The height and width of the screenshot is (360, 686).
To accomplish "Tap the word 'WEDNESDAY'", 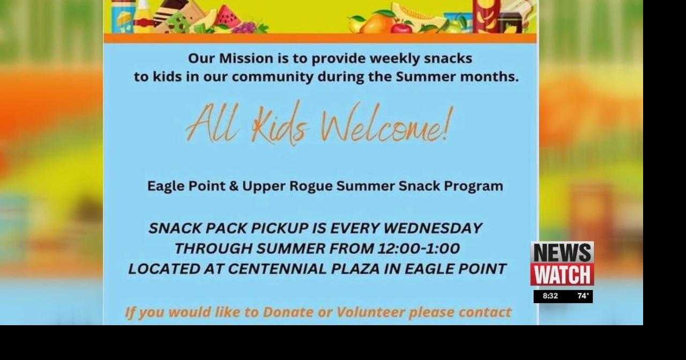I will (433, 228).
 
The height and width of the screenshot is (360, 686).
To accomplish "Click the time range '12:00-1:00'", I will (419, 249).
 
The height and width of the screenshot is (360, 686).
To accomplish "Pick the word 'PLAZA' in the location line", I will (355, 269).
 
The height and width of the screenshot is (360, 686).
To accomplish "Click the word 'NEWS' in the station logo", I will (562, 252).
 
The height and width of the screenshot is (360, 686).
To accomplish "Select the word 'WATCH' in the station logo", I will (562, 274).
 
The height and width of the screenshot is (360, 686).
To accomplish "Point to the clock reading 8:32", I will (550, 296).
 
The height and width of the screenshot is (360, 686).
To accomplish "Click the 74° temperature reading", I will (583, 296).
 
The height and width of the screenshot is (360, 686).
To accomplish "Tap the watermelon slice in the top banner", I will (228, 16).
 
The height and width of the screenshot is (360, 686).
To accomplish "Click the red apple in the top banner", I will (401, 27).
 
